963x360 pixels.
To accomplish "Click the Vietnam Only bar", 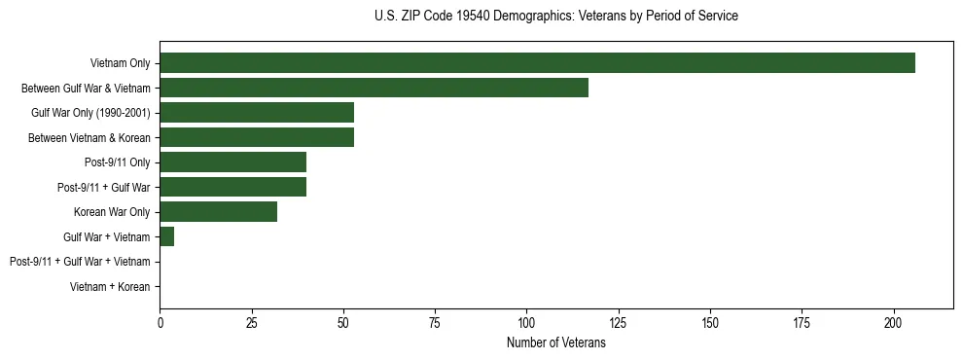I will click(537, 63).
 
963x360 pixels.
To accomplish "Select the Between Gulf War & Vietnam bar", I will click(374, 88).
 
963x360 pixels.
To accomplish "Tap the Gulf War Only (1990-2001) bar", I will click(257, 113).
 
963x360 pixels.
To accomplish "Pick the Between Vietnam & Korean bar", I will click(257, 137).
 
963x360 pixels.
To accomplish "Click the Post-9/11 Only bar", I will click(232, 162).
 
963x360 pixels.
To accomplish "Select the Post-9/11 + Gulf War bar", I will click(232, 187).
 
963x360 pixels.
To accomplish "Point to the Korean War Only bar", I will click(218, 212).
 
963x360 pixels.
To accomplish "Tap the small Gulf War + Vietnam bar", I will click(166, 236).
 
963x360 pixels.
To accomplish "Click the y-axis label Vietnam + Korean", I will click(110, 287).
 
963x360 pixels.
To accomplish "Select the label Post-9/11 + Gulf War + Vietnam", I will click(80, 262).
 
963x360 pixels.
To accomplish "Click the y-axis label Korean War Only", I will click(112, 212).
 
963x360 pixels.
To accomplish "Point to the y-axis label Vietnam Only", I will click(120, 63).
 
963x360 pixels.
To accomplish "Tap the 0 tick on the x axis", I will click(160, 323).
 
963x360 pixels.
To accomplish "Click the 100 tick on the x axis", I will click(526, 323).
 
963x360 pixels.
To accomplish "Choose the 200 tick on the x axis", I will click(894, 323).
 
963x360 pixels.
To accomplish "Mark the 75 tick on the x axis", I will click(435, 323).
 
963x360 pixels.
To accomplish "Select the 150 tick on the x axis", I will click(710, 323).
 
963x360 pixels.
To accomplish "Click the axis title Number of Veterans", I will click(556, 343).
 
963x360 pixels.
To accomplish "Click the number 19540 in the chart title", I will click(455, 17).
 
